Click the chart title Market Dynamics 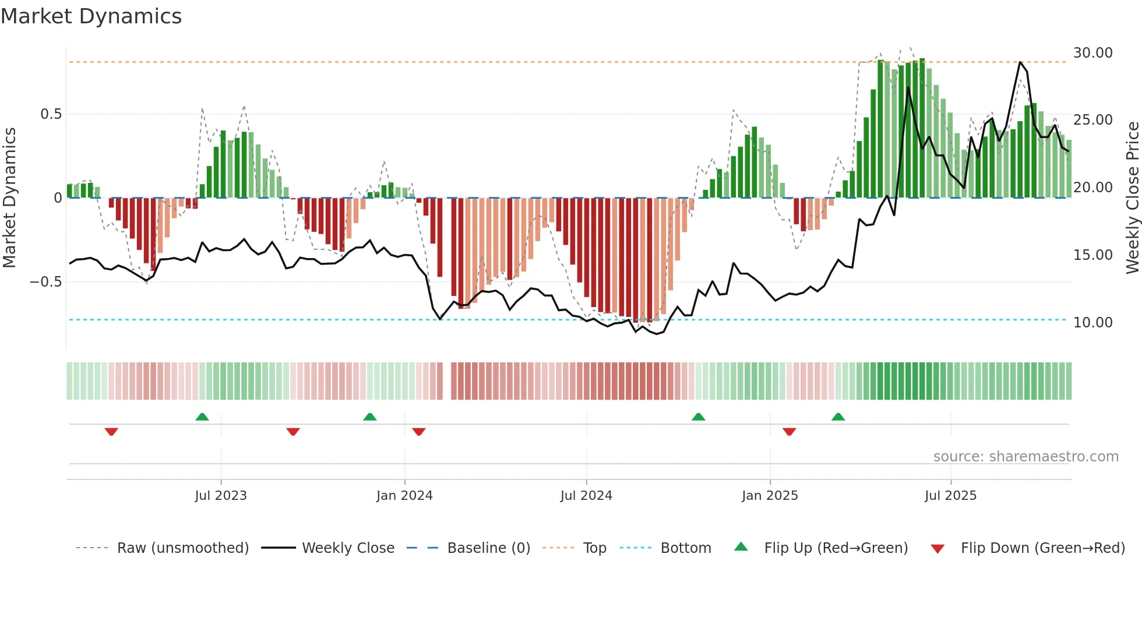coord(91,16)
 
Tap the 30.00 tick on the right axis coord(1092,53)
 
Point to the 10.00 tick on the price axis coord(1092,323)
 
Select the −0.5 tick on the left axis coord(46,282)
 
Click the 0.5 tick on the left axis coord(51,114)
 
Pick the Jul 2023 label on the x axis coord(221,496)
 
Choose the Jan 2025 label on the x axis coord(770,496)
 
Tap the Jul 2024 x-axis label coord(586,496)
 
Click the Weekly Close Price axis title coord(1132,197)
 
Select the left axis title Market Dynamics coord(9,197)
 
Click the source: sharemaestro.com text coord(1025,457)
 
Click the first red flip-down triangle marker coord(111,432)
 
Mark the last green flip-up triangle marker coord(838,417)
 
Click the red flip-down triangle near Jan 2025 coord(789,432)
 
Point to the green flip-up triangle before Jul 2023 coord(202,417)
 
